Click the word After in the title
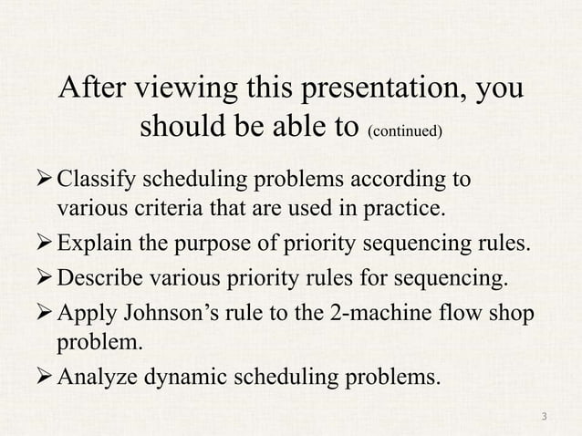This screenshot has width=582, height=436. tap(93, 90)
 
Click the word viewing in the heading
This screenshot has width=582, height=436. tap(189, 90)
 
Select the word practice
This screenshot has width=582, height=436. tap(411, 209)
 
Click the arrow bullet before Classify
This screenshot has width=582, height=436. tap(46, 178)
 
